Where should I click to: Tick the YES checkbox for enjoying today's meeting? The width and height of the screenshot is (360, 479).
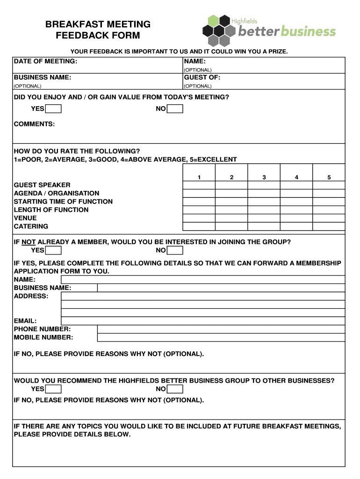point(53,109)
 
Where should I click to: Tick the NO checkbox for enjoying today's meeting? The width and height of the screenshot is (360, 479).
point(175,109)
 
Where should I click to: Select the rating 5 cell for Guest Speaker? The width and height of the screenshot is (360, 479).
point(329,185)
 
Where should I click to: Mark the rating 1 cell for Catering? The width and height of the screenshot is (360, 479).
point(199,226)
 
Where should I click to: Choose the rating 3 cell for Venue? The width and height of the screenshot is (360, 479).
point(264,218)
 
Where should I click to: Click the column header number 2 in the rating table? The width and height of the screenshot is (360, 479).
point(231,177)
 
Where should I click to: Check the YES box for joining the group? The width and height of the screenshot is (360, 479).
point(53,250)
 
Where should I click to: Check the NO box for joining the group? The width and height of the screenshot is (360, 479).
point(175,250)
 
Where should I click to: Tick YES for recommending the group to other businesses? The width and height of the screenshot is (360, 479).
point(53,389)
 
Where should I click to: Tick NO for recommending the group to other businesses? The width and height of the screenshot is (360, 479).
point(175,389)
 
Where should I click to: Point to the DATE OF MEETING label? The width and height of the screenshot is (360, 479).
point(45,61)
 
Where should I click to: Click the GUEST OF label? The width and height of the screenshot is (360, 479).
point(202,78)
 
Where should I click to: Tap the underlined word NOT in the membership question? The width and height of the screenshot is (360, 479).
point(29,242)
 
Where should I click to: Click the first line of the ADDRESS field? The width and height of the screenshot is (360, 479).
point(203,296)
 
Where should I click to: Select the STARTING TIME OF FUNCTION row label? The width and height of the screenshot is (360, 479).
point(63,202)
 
